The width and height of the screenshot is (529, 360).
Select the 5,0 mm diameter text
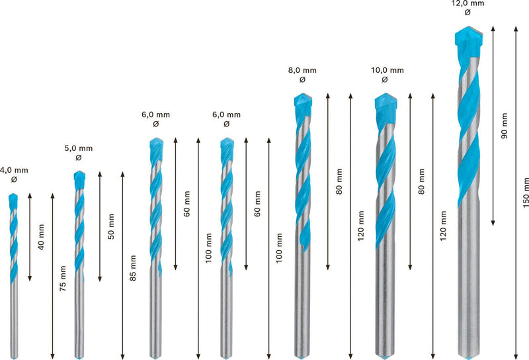[x=79, y=148]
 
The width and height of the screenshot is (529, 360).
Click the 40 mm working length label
[x=41, y=237]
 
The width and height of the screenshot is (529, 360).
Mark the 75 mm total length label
[x=63, y=279]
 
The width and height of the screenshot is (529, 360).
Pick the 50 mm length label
[x=111, y=226]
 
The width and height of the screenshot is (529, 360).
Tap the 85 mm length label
[x=133, y=268]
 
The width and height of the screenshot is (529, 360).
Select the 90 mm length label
[x=505, y=126]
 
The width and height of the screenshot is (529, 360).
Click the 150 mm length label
[x=526, y=193]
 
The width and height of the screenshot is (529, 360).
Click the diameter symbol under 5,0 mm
[x=79, y=157]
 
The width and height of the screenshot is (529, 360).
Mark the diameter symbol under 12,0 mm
[x=468, y=13]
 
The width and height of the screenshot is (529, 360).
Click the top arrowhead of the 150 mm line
[x=516, y=28]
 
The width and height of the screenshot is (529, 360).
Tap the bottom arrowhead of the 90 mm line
[x=493, y=223]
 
